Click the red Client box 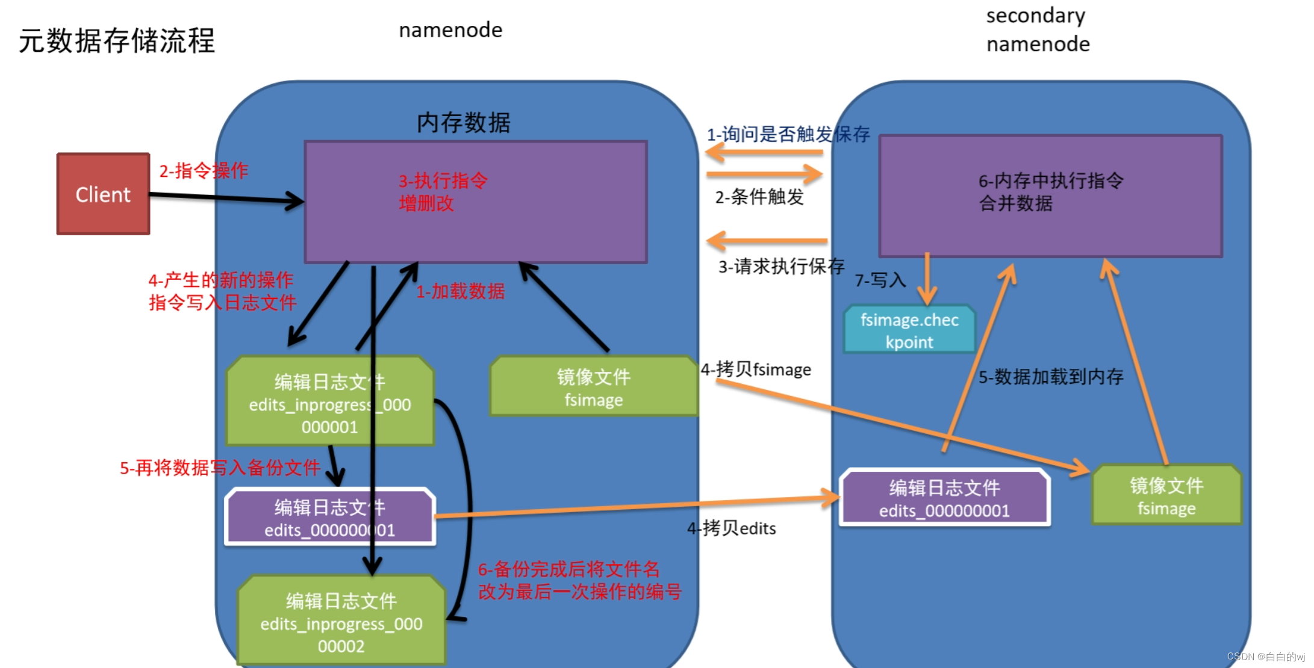103,194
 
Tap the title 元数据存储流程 117,41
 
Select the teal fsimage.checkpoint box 909,330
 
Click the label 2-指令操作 203,170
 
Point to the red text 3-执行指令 443,181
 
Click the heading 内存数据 463,123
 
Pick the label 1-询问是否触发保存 788,134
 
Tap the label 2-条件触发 759,197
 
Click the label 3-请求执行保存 781,266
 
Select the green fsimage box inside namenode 593,387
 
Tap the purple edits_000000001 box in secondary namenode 944,498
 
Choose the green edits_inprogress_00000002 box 341,622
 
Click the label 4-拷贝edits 731,528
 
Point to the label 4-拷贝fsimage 756,369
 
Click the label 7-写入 880,280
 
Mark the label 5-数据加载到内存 1050,377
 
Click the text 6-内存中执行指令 1050,181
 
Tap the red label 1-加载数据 460,291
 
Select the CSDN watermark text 1265,657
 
